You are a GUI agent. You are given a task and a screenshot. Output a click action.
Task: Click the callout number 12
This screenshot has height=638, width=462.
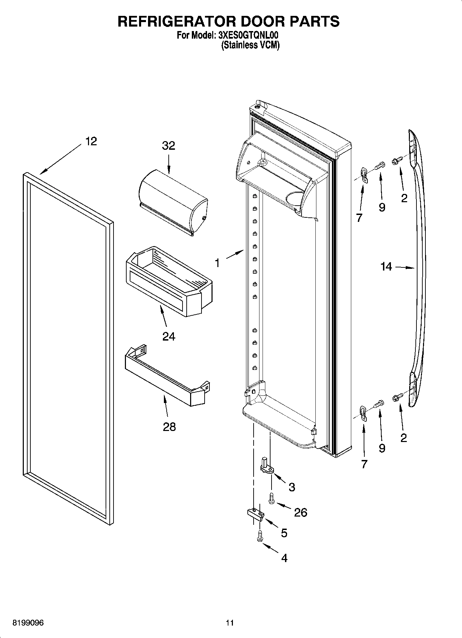click(91, 141)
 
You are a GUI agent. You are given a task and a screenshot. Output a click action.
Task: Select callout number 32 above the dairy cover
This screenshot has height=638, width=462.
click(168, 146)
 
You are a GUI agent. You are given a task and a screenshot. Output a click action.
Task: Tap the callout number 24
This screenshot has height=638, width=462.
click(169, 336)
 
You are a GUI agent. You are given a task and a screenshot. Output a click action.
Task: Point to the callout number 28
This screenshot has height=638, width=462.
click(169, 427)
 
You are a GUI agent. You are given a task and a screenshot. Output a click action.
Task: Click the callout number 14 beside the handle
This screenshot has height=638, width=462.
click(386, 266)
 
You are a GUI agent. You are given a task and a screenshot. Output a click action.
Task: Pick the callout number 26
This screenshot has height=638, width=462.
click(301, 512)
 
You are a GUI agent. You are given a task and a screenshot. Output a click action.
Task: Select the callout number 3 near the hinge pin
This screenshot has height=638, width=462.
click(292, 487)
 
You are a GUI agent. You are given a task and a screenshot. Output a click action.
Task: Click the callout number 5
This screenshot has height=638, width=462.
click(284, 533)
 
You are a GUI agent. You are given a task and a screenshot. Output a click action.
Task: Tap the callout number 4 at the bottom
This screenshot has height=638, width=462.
click(284, 558)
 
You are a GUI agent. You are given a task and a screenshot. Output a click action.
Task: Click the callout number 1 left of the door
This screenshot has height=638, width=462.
click(217, 263)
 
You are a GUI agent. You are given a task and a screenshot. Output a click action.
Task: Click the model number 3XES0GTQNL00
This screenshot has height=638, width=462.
click(248, 35)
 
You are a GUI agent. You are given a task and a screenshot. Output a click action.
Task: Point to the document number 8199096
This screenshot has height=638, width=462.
click(28, 622)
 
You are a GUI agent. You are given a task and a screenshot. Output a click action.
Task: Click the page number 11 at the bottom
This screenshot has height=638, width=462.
click(230, 622)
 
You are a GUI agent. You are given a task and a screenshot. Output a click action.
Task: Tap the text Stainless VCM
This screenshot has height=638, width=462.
click(250, 45)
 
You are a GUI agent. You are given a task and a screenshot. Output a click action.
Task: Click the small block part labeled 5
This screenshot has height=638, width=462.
click(255, 513)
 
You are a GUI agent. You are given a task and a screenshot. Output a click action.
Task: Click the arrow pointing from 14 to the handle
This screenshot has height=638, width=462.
click(404, 267)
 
